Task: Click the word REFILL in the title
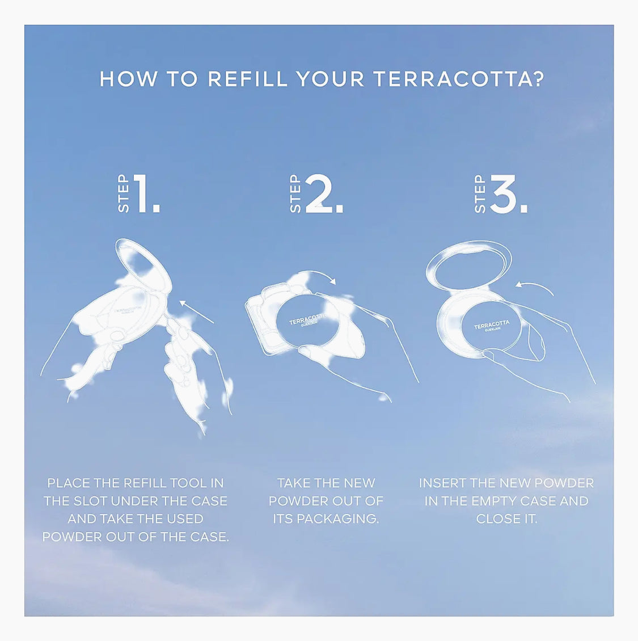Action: [248, 78]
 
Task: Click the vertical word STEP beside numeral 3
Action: [480, 194]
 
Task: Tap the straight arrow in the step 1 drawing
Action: [197, 311]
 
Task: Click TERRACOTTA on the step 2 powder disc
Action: [308, 319]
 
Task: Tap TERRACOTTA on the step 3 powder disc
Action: [492, 324]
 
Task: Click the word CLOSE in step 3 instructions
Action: [495, 518]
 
